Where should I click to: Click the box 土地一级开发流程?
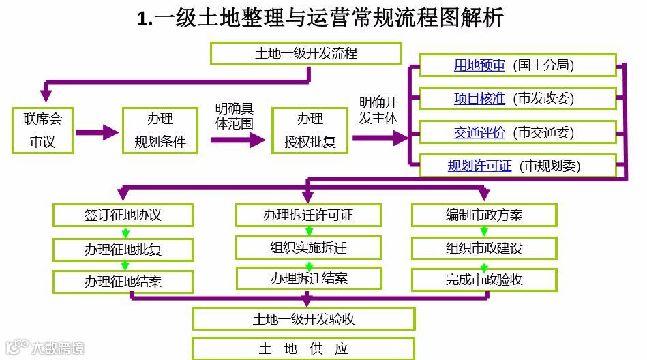(305, 52)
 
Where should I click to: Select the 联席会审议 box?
(42, 130)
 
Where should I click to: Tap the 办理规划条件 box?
(160, 130)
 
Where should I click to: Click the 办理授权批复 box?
(310, 130)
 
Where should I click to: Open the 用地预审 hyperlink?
(479, 65)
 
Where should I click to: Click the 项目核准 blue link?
(479, 99)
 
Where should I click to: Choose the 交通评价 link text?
(479, 132)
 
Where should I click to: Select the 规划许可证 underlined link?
(479, 165)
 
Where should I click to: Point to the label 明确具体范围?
(234, 117)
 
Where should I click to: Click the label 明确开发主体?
(378, 110)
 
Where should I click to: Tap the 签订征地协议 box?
(123, 215)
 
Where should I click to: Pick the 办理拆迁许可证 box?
(308, 215)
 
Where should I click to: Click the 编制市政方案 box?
(484, 215)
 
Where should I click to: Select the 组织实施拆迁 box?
(308, 247)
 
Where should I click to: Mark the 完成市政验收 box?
(484, 280)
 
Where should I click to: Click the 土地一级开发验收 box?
(304, 318)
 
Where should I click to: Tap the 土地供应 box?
(304, 348)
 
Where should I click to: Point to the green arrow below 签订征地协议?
(125, 232)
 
